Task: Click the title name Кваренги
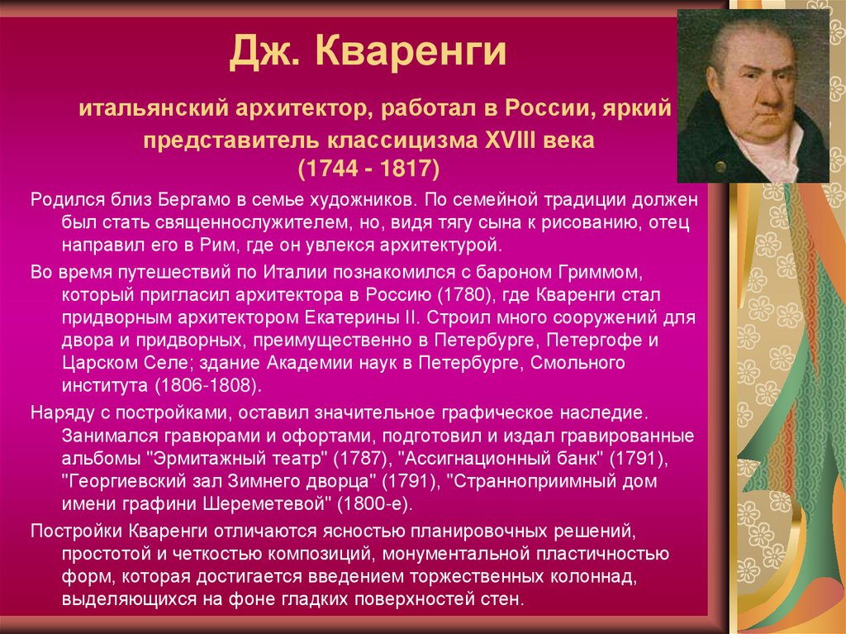click(x=411, y=51)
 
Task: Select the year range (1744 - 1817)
click(x=369, y=169)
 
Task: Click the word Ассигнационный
click(x=500, y=459)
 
